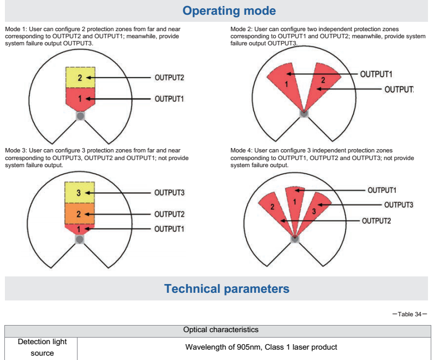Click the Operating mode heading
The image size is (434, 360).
click(229, 11)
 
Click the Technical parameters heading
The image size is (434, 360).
click(227, 288)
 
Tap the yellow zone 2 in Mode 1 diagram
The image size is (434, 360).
click(80, 78)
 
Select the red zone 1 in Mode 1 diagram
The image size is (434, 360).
click(80, 98)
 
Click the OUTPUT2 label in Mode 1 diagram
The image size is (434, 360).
click(169, 78)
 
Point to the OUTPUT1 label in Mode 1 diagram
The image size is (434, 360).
click(169, 99)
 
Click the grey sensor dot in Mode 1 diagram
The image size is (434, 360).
click(80, 116)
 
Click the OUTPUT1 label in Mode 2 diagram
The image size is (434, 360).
click(377, 74)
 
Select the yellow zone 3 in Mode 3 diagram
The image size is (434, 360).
click(80, 193)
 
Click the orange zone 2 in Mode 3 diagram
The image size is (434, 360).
click(80, 214)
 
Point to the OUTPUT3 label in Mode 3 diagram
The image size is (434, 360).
click(169, 193)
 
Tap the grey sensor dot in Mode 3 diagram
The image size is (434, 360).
click(80, 239)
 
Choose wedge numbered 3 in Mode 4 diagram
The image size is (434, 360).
click(314, 210)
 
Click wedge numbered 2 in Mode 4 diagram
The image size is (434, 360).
click(273, 208)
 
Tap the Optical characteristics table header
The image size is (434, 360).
click(221, 330)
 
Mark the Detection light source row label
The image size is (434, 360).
click(41, 347)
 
